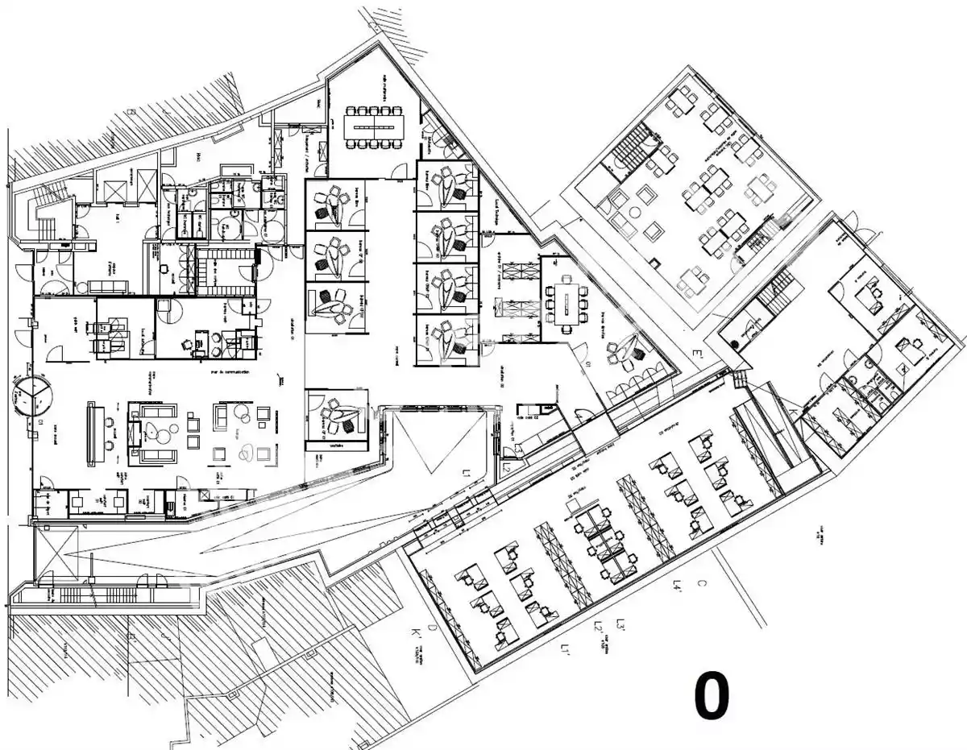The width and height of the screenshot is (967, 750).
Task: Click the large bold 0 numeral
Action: pyautogui.click(x=712, y=698)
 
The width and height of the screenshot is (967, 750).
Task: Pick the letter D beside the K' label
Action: pyautogui.click(x=432, y=627)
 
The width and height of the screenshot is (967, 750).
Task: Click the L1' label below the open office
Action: pyautogui.click(x=567, y=648)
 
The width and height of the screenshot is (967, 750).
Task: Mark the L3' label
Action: pyautogui.click(x=620, y=624)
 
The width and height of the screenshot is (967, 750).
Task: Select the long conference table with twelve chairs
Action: pyautogui.click(x=376, y=126)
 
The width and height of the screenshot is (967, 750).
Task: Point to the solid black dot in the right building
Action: pyautogui.click(x=735, y=344)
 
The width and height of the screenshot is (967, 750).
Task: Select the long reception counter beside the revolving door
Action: pyautogui.click(x=94, y=433)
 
